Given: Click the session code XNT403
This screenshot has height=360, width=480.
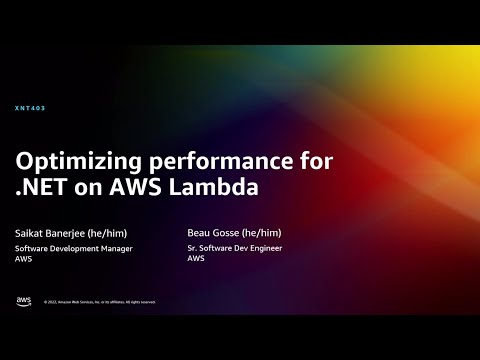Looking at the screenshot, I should (31, 108).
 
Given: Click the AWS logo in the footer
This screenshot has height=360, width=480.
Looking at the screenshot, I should (23, 301).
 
